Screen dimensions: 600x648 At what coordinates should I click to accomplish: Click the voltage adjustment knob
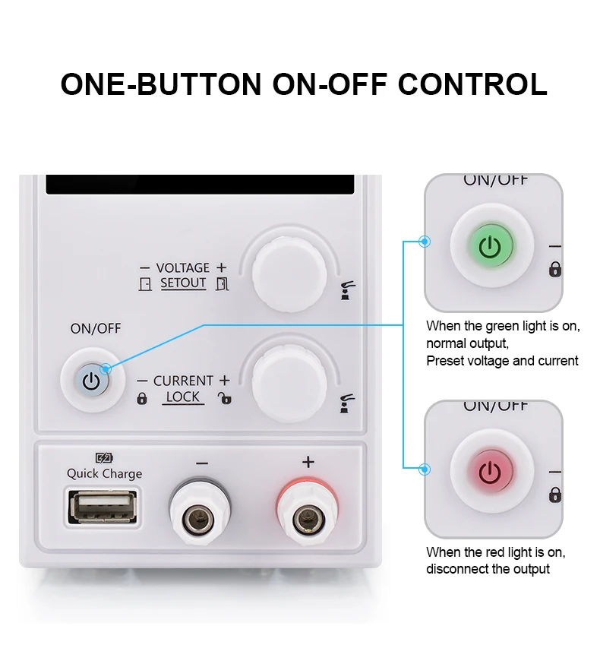[289, 274]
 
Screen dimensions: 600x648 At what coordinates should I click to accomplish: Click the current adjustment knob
[289, 384]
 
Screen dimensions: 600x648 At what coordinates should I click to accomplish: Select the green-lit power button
[490, 246]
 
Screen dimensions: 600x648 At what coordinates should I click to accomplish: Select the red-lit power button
[490, 472]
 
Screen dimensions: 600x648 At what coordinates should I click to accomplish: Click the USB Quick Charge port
[103, 507]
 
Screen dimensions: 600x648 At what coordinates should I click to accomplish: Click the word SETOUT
[183, 283]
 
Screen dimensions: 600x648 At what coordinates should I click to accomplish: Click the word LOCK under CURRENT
[182, 397]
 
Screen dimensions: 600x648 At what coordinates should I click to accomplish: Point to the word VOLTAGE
[182, 268]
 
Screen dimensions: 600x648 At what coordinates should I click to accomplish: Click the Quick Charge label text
[104, 473]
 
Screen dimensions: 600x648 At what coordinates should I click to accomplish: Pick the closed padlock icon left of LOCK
[142, 398]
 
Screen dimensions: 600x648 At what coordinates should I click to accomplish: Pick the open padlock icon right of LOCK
[225, 398]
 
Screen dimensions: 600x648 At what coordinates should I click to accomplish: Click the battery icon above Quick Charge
[104, 458]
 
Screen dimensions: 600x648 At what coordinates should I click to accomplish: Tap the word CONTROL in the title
[472, 84]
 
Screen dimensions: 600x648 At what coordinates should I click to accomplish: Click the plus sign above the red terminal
[308, 462]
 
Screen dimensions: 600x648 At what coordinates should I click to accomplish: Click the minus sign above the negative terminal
[202, 463]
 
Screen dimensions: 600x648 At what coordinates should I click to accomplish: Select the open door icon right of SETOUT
[222, 284]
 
